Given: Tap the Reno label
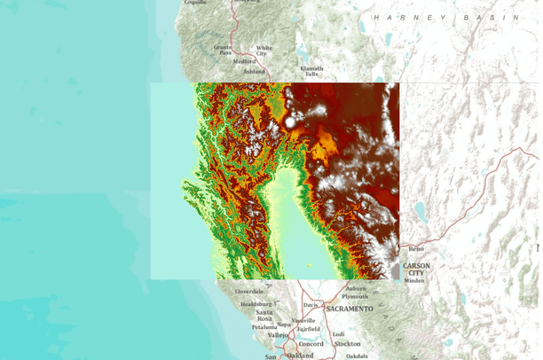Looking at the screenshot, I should [416, 249].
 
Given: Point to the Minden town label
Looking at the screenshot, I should [414, 281].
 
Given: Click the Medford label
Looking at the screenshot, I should [220, 61].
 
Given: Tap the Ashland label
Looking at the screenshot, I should [253, 71].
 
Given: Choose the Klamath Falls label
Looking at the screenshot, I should [311, 71].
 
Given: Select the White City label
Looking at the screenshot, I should [264, 51].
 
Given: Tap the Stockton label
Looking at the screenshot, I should [347, 343].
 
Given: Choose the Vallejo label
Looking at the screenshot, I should [278, 335].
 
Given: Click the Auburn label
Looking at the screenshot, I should [357, 288].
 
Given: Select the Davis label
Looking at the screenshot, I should [310, 305].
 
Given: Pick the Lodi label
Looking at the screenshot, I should [338, 333].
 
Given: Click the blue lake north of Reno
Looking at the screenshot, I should [419, 211].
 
